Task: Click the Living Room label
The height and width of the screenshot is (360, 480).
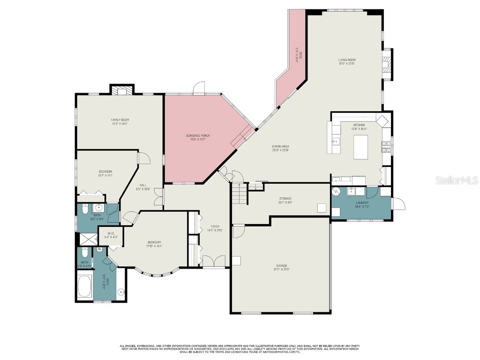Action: (347, 61)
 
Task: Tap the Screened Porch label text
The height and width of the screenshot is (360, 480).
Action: (197, 137)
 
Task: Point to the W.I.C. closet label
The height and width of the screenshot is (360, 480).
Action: (111, 235)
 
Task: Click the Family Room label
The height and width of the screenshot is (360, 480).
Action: (120, 121)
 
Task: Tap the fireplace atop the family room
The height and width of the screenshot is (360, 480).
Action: (122, 90)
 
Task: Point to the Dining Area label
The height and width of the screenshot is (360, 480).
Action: (280, 148)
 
